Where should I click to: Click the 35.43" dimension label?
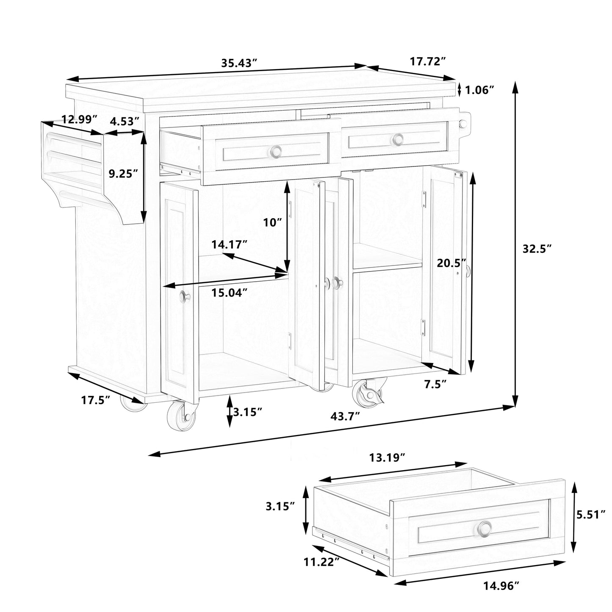(x=239, y=63)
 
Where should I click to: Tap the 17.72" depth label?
(x=428, y=61)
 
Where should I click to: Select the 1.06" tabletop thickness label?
(x=480, y=90)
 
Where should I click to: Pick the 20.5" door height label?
(x=452, y=263)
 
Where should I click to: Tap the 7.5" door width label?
(x=435, y=384)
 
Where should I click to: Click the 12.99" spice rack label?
(x=80, y=119)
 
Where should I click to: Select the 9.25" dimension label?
(x=124, y=174)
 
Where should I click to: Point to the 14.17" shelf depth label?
(x=230, y=244)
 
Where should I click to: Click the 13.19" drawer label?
(x=387, y=457)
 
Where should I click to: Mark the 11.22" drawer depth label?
(x=321, y=562)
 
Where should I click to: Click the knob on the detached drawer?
(x=485, y=528)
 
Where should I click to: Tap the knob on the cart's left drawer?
(x=277, y=150)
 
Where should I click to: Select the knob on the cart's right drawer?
(x=398, y=138)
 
